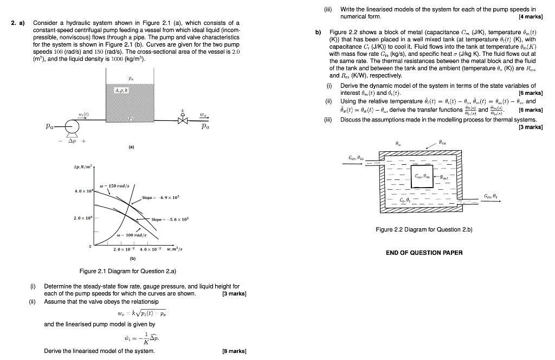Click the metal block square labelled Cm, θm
(422, 176)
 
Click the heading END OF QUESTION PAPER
(424, 253)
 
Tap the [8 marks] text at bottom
(235, 351)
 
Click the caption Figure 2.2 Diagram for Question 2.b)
(424, 230)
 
